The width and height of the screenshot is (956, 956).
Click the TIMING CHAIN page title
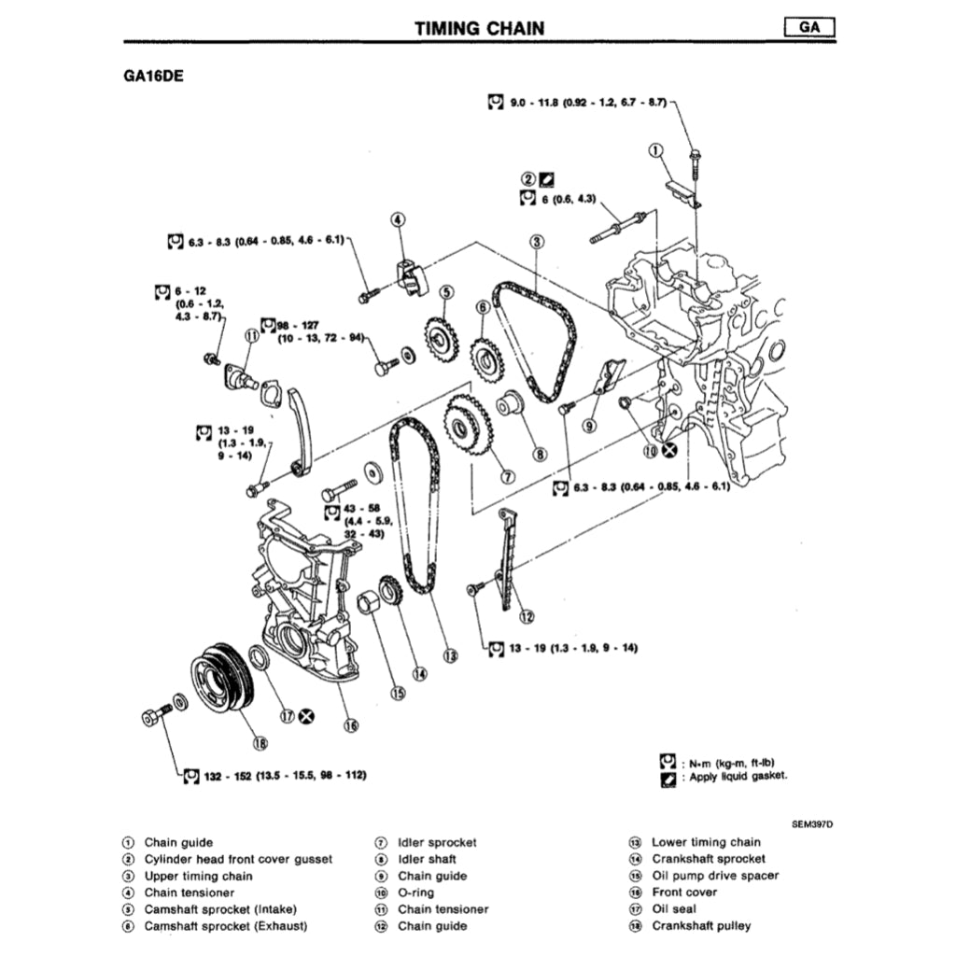point(479,28)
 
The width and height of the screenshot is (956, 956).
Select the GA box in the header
point(808,28)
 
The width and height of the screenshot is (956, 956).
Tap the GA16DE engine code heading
point(147,77)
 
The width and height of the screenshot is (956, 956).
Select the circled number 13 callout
point(451,655)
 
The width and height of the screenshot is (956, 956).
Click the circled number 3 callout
point(537,242)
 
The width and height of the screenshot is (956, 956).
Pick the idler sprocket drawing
point(466,427)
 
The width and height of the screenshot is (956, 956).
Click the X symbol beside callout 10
point(669,451)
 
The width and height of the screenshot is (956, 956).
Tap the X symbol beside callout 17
point(306,717)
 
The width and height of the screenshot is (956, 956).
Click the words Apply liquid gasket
point(738,777)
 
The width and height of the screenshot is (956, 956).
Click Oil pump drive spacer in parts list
point(714,876)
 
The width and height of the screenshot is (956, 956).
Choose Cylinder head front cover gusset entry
point(238,859)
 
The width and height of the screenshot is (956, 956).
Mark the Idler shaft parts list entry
point(427,859)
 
